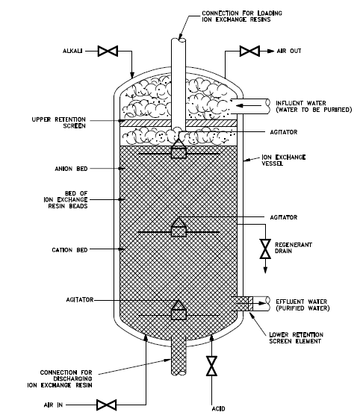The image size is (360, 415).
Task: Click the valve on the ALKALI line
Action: pyautogui.click(x=108, y=51)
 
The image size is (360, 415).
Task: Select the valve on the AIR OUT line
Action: pyautogui.click(x=249, y=51)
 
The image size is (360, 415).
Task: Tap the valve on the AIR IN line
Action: pyautogui.click(x=106, y=405)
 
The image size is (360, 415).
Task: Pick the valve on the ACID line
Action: pyautogui.click(x=211, y=366)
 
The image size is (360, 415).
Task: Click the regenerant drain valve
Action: pyautogui.click(x=265, y=249)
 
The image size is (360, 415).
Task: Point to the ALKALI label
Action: pyautogui.click(x=72, y=51)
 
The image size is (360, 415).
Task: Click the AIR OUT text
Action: pyautogui.click(x=289, y=51)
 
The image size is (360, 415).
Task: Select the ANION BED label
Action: pyautogui.click(x=71, y=169)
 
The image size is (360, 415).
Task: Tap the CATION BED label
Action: pyautogui.click(x=69, y=250)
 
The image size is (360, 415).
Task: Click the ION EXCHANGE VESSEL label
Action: pyautogui.click(x=284, y=160)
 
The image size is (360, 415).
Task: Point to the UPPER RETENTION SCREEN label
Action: pyautogui.click(x=59, y=122)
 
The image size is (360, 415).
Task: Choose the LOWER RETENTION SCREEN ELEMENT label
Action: pyautogui.click(x=297, y=338)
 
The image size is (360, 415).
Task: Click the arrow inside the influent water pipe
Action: pyautogui.click(x=248, y=106)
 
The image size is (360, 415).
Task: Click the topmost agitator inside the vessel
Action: pyautogui.click(x=179, y=149)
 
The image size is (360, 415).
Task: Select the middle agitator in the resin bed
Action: pyautogui.click(x=179, y=227)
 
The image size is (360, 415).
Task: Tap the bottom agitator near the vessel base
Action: pyautogui.click(x=179, y=311)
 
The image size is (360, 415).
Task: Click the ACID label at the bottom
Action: pyautogui.click(x=219, y=408)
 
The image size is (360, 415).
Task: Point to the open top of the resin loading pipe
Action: pyautogui.click(x=179, y=40)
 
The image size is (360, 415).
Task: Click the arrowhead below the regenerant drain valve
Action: pyautogui.click(x=265, y=270)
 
